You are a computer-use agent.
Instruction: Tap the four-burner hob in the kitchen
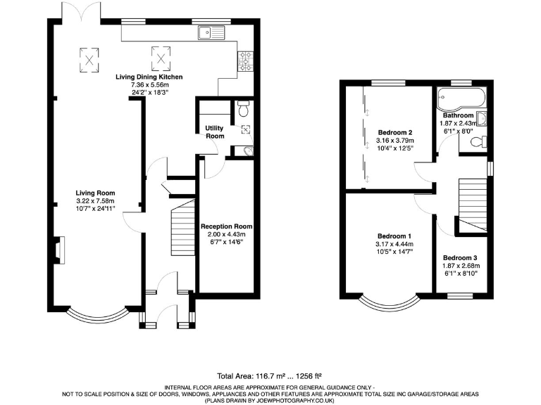pyautogui.click(x=247, y=59)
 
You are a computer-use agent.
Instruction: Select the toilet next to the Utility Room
pyautogui.click(x=243, y=109)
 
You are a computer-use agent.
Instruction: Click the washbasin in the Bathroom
pyautogui.click(x=483, y=119)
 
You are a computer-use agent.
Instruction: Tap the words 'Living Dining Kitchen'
pyautogui.click(x=149, y=77)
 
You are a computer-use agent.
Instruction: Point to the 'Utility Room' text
pyautogui.click(x=214, y=131)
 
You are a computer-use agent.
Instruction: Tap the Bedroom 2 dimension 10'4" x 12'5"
pyautogui.click(x=394, y=148)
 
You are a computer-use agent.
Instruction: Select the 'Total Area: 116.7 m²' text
pyautogui.click(x=245, y=376)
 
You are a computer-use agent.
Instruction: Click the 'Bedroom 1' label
pyautogui.click(x=394, y=236)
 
